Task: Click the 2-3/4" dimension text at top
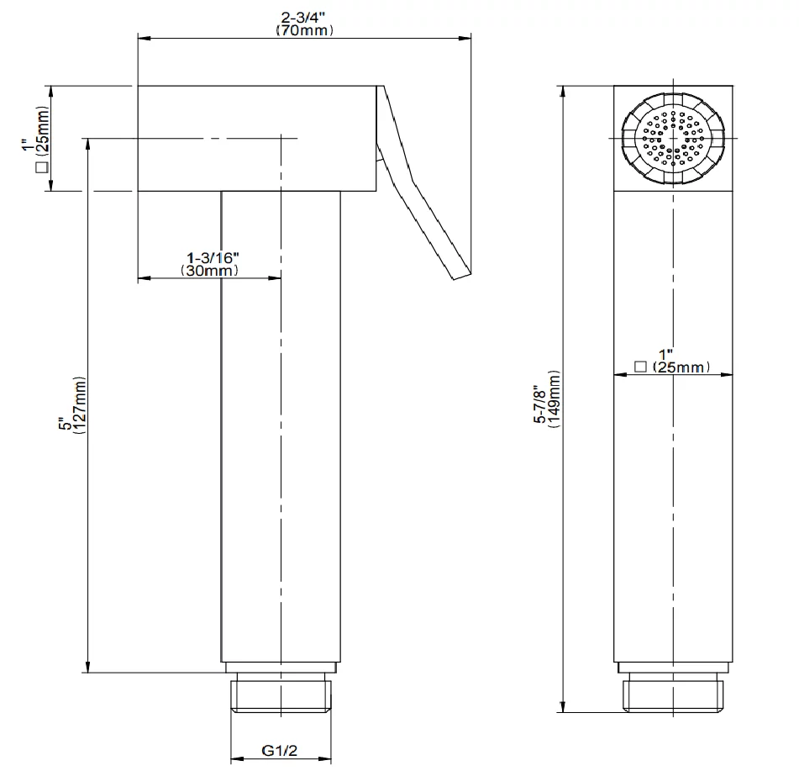pos(303,18)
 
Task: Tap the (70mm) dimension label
pos(305,30)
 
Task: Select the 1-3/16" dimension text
pos(213,257)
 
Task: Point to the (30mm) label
pos(209,270)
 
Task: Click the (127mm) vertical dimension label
pos(80,405)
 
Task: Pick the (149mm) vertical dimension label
pos(555,399)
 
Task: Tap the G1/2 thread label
pos(279,750)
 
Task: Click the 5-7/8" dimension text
pos(540,404)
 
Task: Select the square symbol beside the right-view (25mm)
pos(640,367)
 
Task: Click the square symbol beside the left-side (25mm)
pos(42,166)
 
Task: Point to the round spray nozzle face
pos(673,138)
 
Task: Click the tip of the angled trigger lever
pos(462,277)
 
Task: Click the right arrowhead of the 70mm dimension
pos(465,38)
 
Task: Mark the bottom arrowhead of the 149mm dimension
pos(563,706)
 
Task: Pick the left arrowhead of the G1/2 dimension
pos(237,758)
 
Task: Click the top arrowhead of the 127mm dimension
pos(88,145)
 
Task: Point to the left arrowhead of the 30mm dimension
pos(145,278)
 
